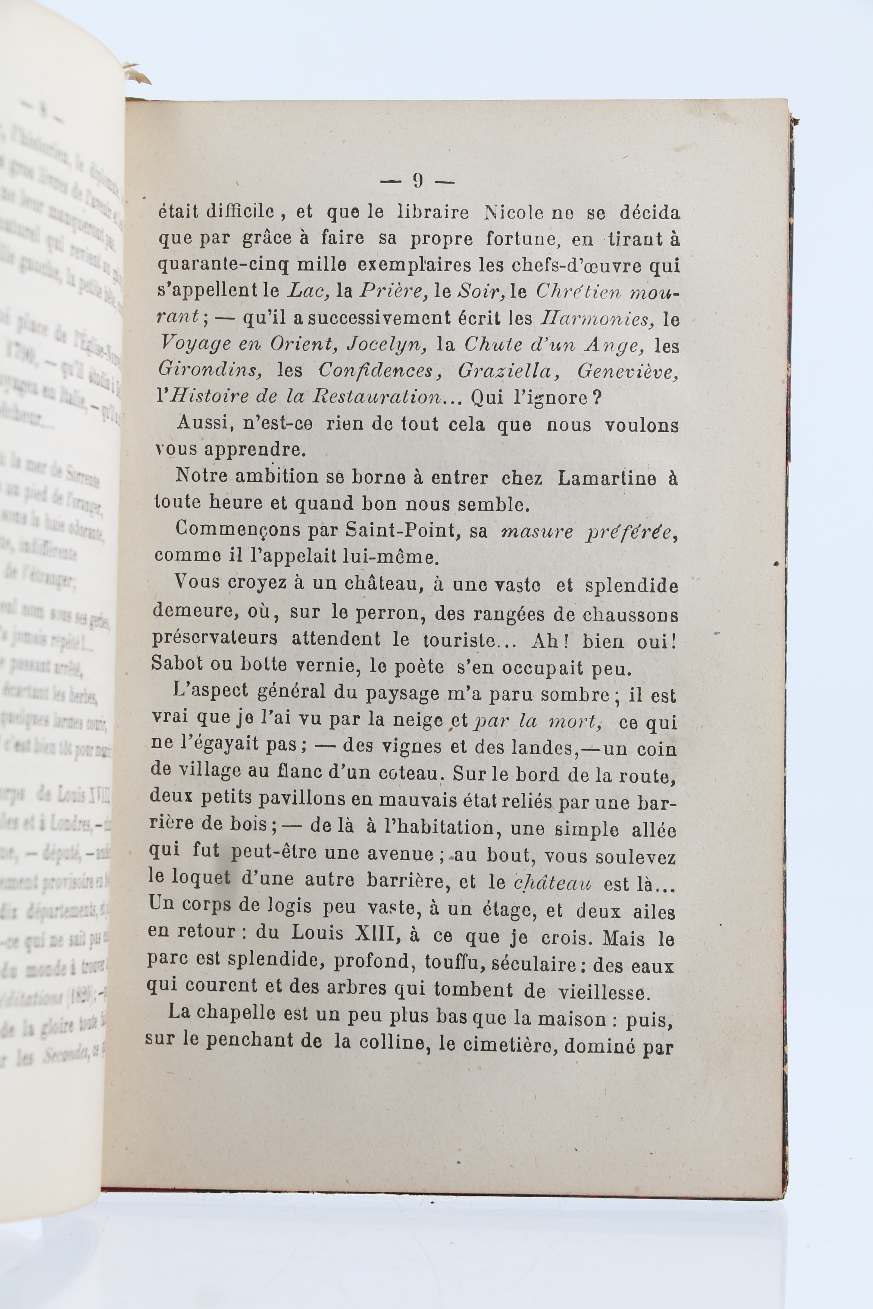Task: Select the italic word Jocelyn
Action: click(387, 345)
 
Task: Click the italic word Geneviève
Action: click(627, 371)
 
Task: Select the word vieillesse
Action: click(604, 992)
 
